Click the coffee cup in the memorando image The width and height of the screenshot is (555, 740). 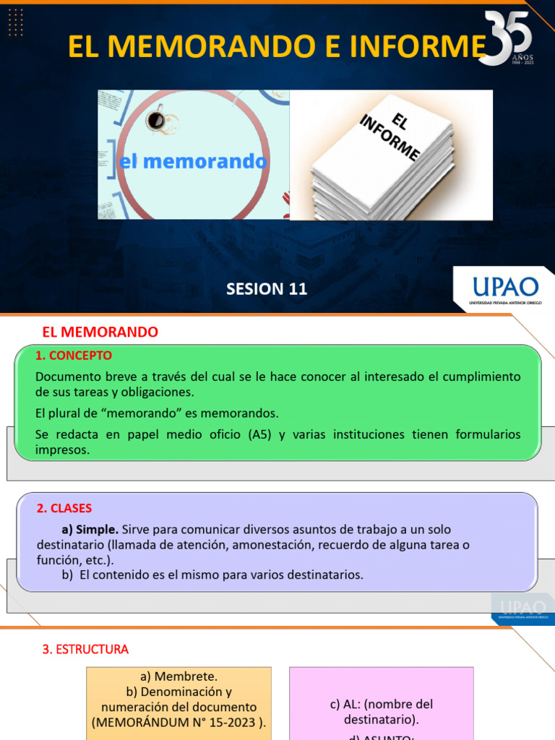click(156, 121)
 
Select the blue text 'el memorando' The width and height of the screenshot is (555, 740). click(192, 162)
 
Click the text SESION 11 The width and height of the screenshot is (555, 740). click(267, 289)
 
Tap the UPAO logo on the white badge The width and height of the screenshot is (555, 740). click(504, 287)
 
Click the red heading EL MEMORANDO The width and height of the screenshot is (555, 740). click(100, 332)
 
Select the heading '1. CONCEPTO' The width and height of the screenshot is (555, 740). click(74, 356)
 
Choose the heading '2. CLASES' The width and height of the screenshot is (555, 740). click(64, 509)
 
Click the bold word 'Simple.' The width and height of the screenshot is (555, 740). click(98, 530)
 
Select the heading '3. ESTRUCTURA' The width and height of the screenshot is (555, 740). click(85, 650)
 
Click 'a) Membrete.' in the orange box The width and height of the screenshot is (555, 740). click(178, 676)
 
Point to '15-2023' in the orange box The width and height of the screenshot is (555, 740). click(235, 722)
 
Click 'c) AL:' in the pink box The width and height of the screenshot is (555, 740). click(345, 704)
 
